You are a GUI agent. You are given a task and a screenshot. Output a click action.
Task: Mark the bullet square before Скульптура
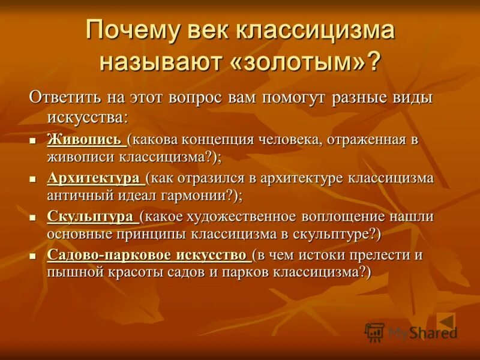(34, 217)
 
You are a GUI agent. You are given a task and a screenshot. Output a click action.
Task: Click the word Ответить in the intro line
(63, 98)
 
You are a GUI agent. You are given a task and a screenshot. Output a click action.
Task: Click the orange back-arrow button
(446, 321)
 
